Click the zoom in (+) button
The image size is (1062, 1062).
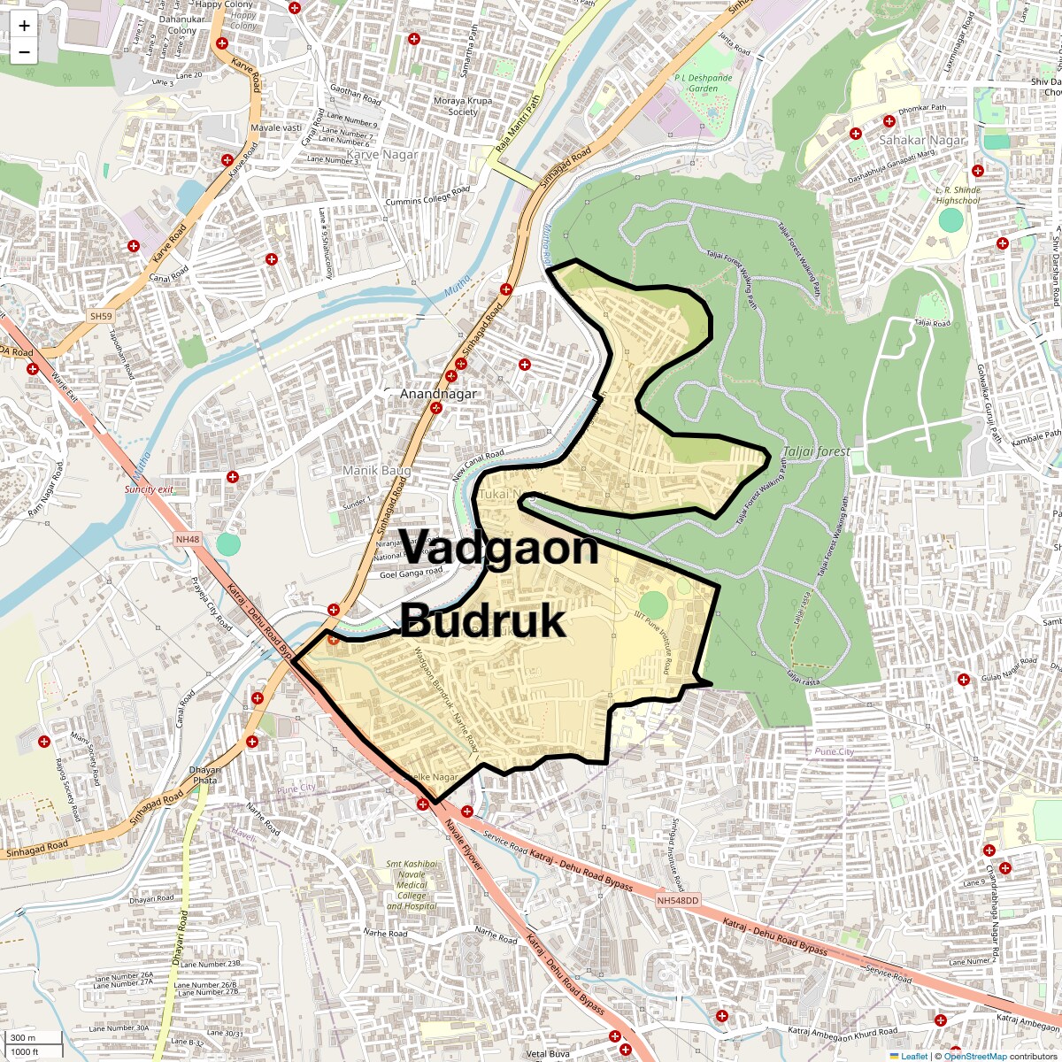tap(24, 26)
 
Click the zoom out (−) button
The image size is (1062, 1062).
tap(24, 51)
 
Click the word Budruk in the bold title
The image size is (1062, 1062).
tap(482, 621)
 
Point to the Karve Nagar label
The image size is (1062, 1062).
tap(382, 154)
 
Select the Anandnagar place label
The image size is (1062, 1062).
tap(438, 394)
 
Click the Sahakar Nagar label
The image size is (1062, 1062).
tap(922, 140)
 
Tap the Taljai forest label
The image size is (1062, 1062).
tap(816, 451)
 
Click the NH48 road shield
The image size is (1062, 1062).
tap(188, 539)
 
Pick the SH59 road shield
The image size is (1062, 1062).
tap(101, 316)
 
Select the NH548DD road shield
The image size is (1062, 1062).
tap(678, 900)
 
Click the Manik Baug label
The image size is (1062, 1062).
tap(377, 471)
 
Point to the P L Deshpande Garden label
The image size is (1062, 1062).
tap(704, 83)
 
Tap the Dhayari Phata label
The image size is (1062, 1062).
tap(204, 775)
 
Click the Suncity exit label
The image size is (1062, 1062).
tap(149, 489)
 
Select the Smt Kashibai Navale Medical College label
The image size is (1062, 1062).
tap(412, 885)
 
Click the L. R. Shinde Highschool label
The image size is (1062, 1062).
tap(958, 195)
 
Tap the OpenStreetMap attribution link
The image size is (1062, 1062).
tap(974, 1056)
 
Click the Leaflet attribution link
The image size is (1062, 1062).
tap(914, 1056)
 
